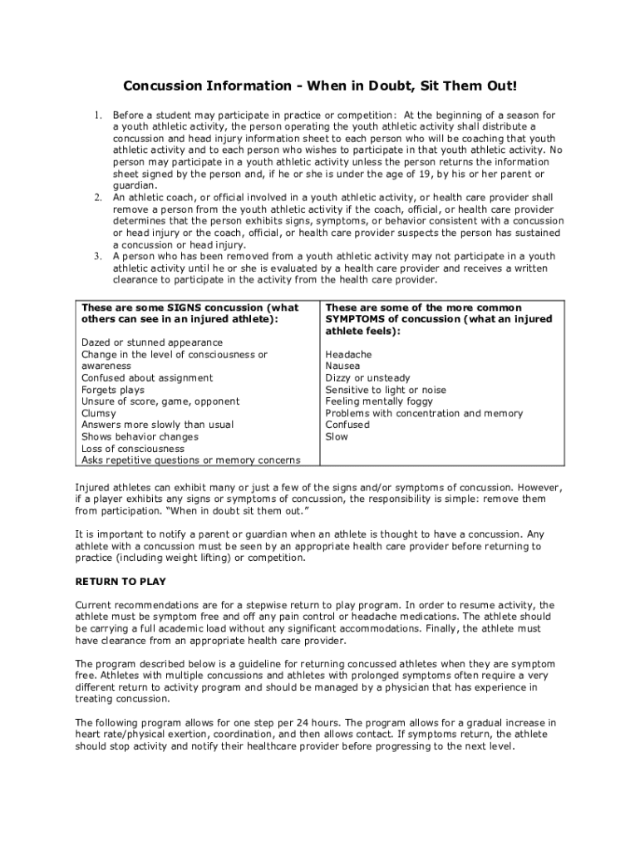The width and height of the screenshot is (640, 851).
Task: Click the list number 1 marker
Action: coord(98,116)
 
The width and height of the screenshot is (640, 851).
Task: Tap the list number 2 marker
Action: coord(98,198)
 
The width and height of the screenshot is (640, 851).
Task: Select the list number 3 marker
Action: coord(98,257)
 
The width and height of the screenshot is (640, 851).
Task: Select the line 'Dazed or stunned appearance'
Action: coord(152,343)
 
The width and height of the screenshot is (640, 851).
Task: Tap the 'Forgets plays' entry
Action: coord(113,390)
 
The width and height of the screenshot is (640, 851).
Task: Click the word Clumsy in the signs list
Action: coord(99,413)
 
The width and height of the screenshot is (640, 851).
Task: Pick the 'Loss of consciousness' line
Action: coord(133,449)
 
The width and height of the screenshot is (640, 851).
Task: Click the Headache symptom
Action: coord(349,355)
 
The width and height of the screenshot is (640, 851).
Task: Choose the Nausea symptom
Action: coord(343,366)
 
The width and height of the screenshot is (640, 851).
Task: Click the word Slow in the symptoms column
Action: coord(337,436)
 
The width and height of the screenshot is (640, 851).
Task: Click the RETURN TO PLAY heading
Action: coord(121,582)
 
